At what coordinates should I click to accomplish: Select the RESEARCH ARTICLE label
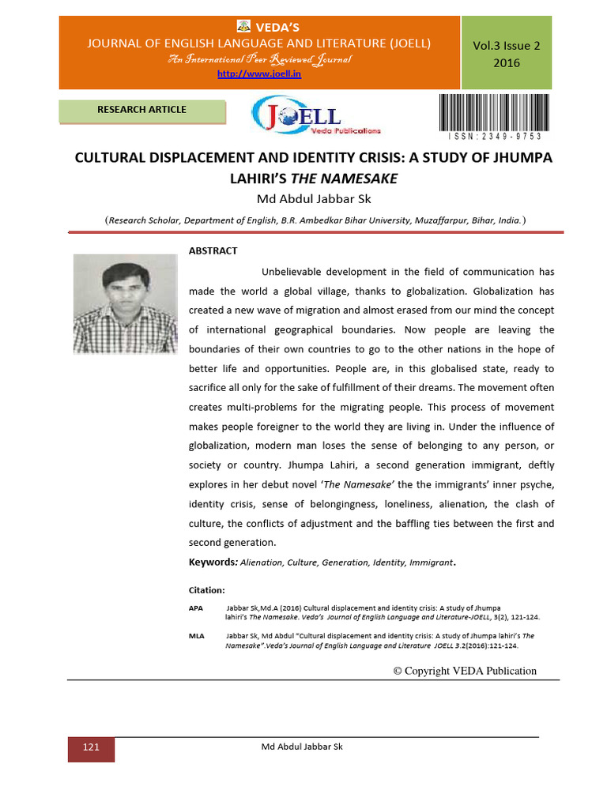(x=142, y=110)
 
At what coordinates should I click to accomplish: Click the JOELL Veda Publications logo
(x=315, y=116)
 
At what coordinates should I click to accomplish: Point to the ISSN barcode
(x=493, y=108)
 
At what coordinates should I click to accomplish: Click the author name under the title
(x=315, y=198)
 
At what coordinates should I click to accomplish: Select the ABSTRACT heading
(x=213, y=250)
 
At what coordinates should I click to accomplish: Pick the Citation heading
(x=206, y=590)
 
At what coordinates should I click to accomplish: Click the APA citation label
(x=195, y=608)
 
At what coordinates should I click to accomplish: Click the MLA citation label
(x=196, y=635)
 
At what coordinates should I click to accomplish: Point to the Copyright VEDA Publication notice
(x=465, y=671)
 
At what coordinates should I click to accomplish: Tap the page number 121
(x=91, y=747)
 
